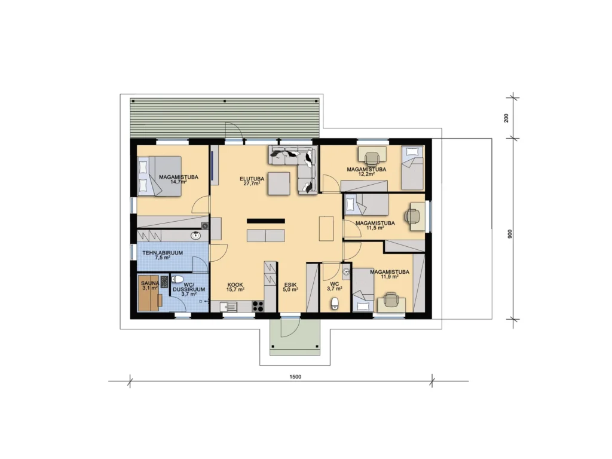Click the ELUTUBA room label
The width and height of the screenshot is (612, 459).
tap(252, 179)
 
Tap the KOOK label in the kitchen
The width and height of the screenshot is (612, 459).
tap(235, 285)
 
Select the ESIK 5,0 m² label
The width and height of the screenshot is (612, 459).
tap(290, 287)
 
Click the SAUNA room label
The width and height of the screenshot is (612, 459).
tap(150, 283)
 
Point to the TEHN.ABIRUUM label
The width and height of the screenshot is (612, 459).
tap(163, 253)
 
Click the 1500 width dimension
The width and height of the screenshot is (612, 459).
tap(295, 377)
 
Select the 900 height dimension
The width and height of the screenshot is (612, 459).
tap(510, 234)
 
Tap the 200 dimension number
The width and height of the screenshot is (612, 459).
tap(506, 118)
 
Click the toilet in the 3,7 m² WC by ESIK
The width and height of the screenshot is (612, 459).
tap(335, 303)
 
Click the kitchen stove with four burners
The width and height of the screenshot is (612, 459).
tap(258, 306)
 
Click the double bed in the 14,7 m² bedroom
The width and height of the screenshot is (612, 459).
tap(160, 176)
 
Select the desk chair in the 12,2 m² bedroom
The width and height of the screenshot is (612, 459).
tap(372, 158)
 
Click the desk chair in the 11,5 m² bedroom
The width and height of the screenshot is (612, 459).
tap(411, 215)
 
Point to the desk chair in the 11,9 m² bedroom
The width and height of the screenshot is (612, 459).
tap(391, 301)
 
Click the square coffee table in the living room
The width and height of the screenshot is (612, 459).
tap(279, 183)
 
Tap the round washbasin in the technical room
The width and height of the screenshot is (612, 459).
tap(195, 235)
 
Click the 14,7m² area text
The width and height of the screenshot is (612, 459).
tap(178, 182)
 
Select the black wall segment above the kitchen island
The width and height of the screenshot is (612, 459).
tap(266, 221)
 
